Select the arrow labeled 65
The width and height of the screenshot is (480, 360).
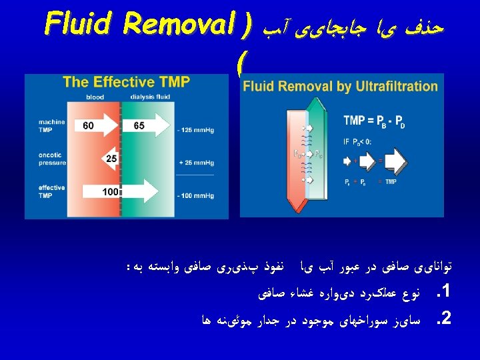coord(143,125)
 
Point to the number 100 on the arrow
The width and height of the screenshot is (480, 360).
coord(110,192)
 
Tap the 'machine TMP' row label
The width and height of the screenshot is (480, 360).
coord(51,125)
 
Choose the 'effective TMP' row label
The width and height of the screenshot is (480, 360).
coord(51,192)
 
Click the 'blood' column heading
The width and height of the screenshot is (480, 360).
coord(95,97)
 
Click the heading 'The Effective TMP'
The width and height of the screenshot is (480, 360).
coord(126,82)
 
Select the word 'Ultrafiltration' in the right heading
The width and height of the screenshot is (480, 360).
coord(398,86)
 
